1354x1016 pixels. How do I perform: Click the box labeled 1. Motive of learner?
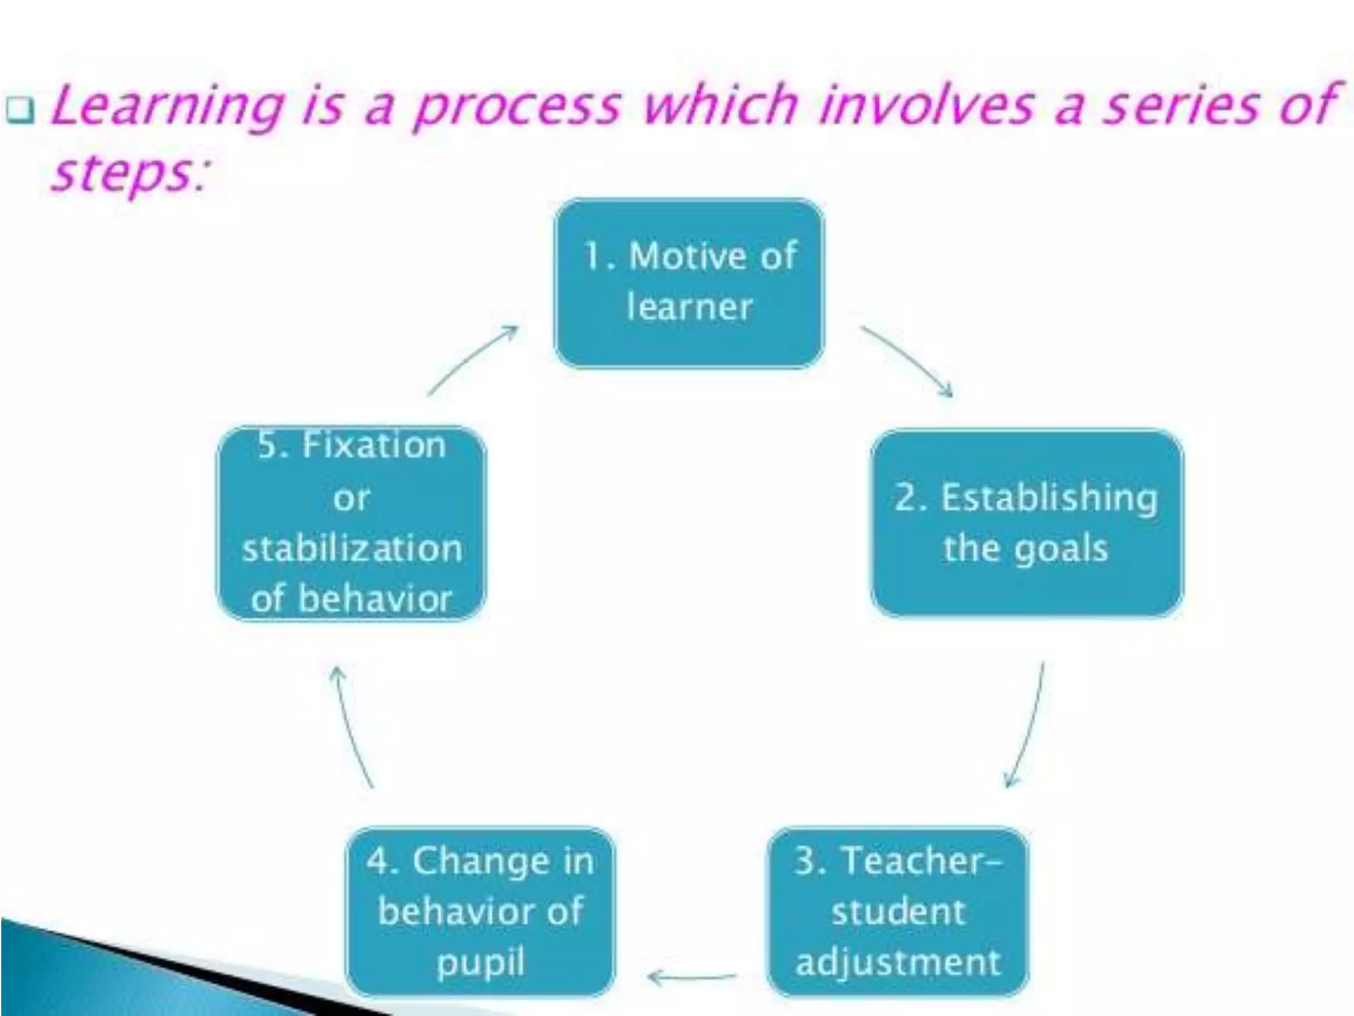pyautogui.click(x=689, y=283)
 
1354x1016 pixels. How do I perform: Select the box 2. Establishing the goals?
pyautogui.click(x=1026, y=523)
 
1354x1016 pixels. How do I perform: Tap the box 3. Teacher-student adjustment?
pyautogui.click(x=898, y=911)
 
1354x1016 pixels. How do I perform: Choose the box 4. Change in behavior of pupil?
pyautogui.click(x=481, y=911)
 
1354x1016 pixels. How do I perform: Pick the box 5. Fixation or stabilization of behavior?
pyautogui.click(x=352, y=523)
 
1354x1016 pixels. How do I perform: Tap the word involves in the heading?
pyautogui.click(x=926, y=106)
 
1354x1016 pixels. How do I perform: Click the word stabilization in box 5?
pyautogui.click(x=352, y=549)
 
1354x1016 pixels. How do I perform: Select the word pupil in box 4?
pyautogui.click(x=481, y=963)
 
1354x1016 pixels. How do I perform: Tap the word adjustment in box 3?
pyautogui.click(x=898, y=963)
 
